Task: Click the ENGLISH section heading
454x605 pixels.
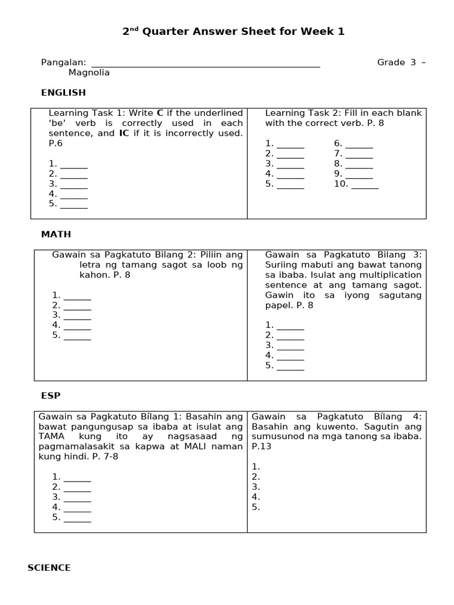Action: pos(63,93)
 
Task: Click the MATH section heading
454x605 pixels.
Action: pos(56,234)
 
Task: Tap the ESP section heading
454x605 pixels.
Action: pos(50,395)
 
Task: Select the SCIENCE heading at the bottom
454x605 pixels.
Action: pos(49,568)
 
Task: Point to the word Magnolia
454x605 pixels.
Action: pos(89,73)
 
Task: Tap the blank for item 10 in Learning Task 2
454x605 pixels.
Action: pos(365,184)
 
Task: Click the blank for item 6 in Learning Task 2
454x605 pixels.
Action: pos(359,144)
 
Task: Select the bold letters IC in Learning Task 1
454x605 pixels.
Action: pos(124,134)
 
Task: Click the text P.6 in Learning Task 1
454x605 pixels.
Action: pos(55,144)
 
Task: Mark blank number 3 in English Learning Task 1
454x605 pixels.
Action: pos(74,184)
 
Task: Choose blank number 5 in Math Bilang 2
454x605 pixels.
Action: pos(77,335)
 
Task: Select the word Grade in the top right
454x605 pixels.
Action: pos(391,63)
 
